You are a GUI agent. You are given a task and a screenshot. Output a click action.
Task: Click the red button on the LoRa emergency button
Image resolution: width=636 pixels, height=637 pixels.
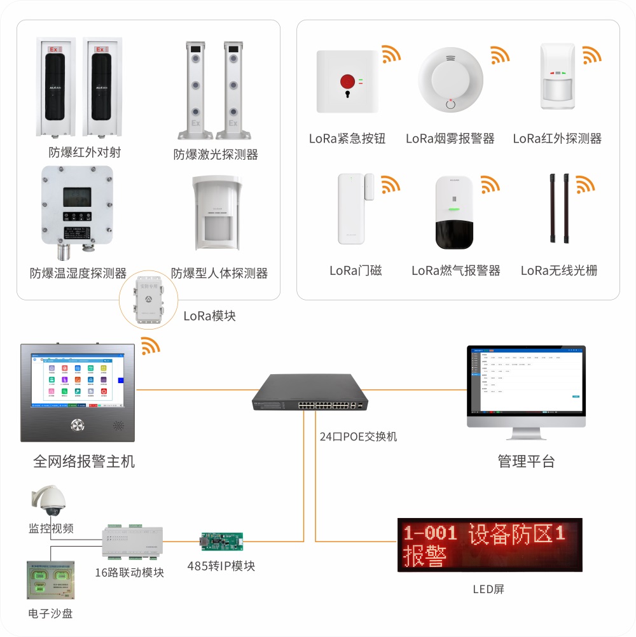pyautogui.click(x=347, y=81)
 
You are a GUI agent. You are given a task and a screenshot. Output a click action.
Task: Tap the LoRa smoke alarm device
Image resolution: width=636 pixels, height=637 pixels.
pyautogui.click(x=450, y=79)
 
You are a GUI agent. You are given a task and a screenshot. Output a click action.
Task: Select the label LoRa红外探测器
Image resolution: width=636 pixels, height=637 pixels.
pyautogui.click(x=557, y=138)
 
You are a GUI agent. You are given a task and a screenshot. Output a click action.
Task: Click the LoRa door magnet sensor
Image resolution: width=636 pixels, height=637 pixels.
pyautogui.click(x=352, y=208)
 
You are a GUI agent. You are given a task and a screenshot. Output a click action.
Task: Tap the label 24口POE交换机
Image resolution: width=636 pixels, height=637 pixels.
pyautogui.click(x=358, y=437)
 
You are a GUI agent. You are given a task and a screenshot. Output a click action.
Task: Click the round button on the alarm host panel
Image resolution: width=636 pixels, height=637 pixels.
pyautogui.click(x=78, y=424)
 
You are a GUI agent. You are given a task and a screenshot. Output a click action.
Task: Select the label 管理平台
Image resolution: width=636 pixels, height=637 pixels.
pyautogui.click(x=526, y=461)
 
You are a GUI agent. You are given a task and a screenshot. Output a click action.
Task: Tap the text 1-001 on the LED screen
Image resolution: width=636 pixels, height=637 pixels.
pyautogui.click(x=431, y=533)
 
